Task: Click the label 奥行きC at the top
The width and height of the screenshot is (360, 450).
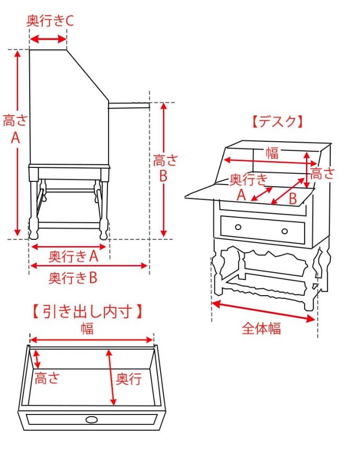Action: [50, 21]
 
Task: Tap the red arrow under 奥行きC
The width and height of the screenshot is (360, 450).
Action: [48, 39]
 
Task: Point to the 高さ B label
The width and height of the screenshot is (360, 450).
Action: [164, 168]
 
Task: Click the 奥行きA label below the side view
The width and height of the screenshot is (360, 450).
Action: [74, 256]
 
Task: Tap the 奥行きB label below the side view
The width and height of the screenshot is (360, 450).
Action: [74, 278]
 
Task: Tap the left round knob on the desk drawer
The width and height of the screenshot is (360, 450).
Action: [238, 227]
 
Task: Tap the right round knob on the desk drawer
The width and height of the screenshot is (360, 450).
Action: [284, 231]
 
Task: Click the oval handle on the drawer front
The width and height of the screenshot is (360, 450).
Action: [91, 420]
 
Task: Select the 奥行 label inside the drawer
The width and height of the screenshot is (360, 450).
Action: [128, 379]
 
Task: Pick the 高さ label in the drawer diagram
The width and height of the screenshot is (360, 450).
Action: [47, 379]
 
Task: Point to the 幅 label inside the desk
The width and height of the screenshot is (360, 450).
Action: [272, 153]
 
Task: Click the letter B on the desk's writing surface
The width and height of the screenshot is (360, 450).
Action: [293, 199]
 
